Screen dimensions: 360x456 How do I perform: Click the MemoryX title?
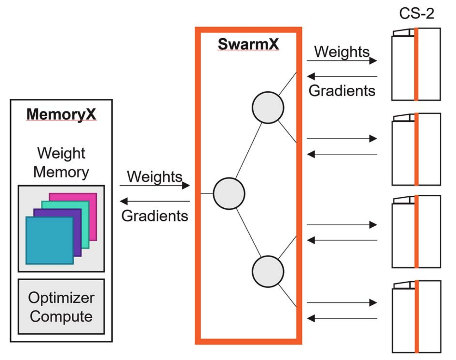pos(61,114)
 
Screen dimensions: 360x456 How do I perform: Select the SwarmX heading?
pos(248,44)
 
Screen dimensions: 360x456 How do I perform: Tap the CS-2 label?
pos(416,14)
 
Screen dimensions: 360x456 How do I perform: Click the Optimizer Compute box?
pos(61,307)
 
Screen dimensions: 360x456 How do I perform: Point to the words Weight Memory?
pos(61,162)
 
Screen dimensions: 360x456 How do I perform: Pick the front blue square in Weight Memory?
pos(49,240)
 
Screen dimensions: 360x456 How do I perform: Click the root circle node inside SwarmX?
pos(229,194)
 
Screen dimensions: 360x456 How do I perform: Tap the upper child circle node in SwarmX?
pos(268,108)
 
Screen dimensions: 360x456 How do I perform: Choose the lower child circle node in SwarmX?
pos(268,272)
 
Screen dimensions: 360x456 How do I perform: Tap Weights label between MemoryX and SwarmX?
pos(154,177)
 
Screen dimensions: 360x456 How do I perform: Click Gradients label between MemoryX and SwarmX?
pos(154,216)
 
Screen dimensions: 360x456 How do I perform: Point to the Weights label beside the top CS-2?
pos(342,52)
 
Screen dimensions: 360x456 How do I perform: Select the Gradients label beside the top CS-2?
pos(342,91)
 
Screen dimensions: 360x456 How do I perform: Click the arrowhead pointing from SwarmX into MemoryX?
pos(124,201)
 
